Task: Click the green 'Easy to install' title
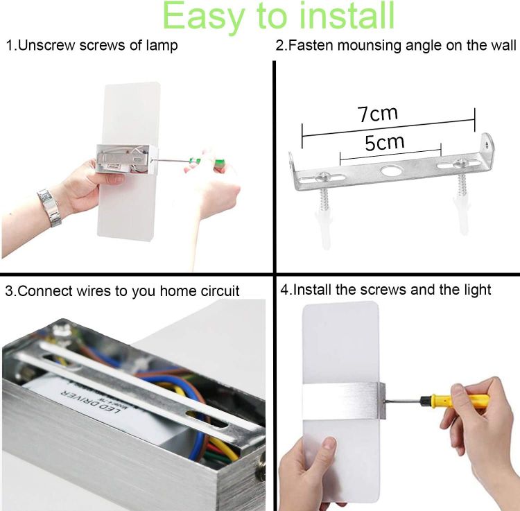point(278,17)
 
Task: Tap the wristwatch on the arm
point(49,207)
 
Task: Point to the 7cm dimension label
point(377,114)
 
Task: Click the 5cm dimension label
point(384,143)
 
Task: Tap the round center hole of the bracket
point(391,171)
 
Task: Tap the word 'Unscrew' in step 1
point(46,45)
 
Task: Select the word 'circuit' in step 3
point(220,291)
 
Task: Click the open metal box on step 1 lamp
point(126,159)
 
